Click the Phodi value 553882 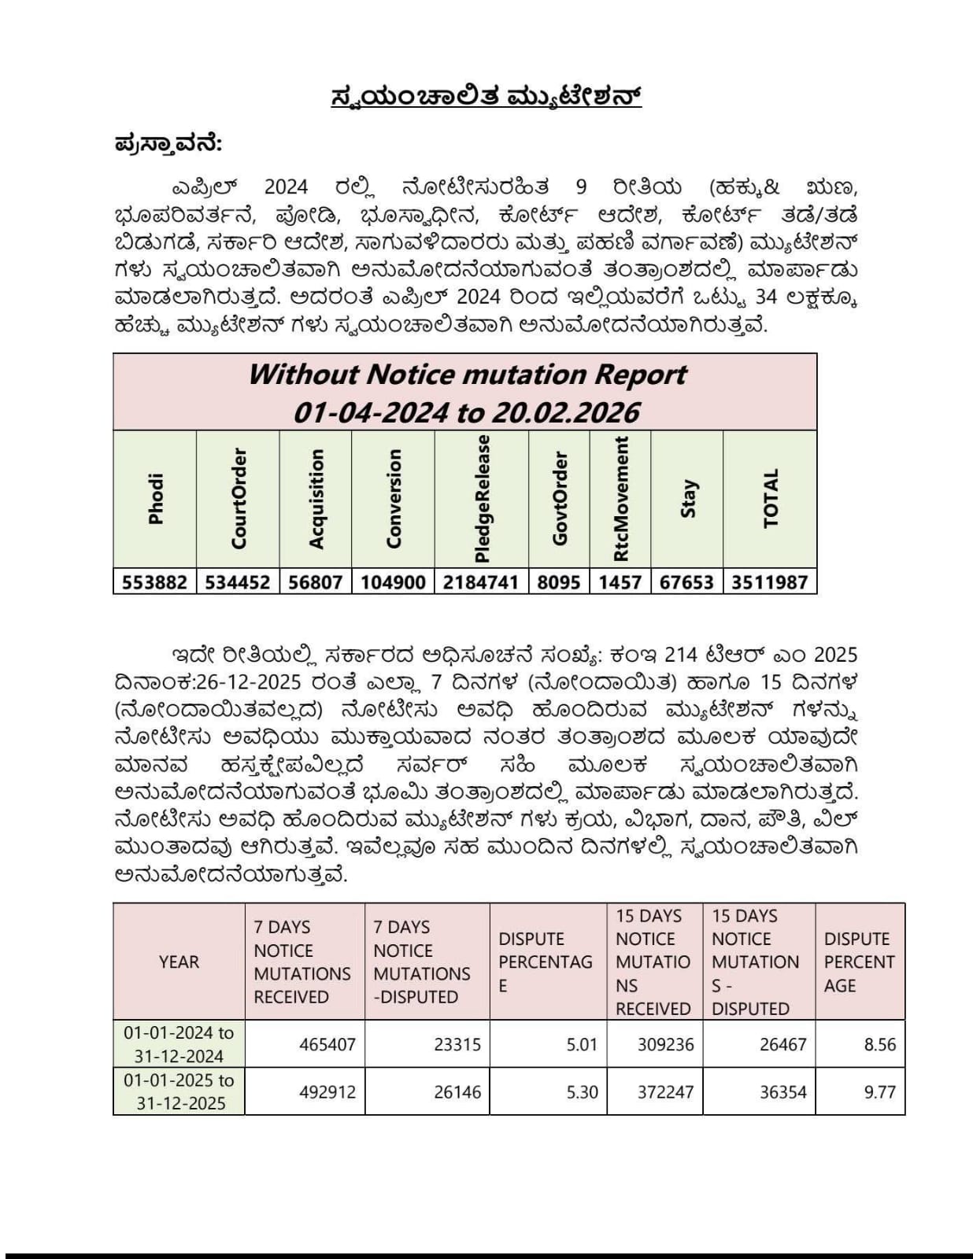[154, 582]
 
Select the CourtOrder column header [239, 498]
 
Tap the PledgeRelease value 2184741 [480, 582]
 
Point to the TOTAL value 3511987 [769, 582]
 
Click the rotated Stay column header [688, 498]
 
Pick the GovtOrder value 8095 [558, 582]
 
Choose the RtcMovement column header [621, 498]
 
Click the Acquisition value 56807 [315, 582]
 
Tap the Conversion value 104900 [393, 582]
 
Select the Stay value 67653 [686, 582]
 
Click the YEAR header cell [179, 962]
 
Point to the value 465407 [327, 1045]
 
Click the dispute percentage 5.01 [582, 1045]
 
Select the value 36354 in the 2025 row [782, 1092]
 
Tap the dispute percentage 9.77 [879, 1092]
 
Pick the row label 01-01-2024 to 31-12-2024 [179, 1044]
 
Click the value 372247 [665, 1092]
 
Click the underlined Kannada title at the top [486, 97]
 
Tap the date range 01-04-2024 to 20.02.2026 [466, 412]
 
